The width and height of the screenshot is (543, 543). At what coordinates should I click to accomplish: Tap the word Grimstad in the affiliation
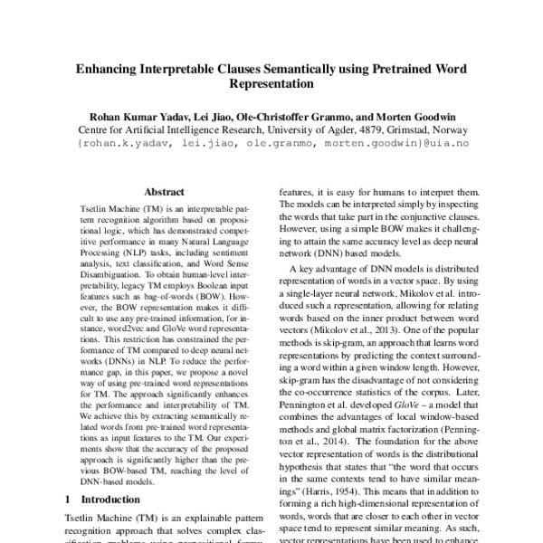415,129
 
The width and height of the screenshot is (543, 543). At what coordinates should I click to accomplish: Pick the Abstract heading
164,192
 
